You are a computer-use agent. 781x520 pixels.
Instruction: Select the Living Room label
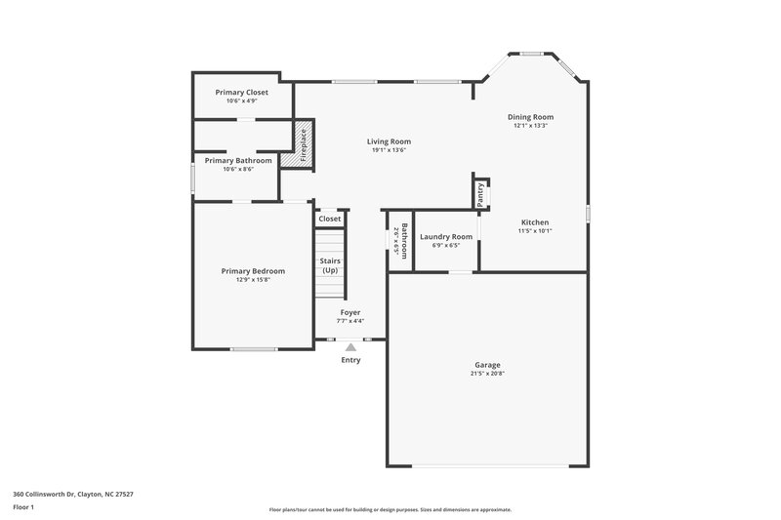pyautogui.click(x=389, y=141)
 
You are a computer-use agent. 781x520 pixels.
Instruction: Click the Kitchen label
pyautogui.click(x=534, y=222)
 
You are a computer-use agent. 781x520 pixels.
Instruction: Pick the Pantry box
pyautogui.click(x=480, y=194)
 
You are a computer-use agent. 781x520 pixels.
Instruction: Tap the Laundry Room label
pyautogui.click(x=446, y=236)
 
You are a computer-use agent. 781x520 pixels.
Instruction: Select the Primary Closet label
pyautogui.click(x=241, y=92)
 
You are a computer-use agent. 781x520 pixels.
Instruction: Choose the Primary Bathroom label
pyautogui.click(x=238, y=160)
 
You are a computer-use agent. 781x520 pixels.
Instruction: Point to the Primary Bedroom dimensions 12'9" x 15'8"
pyautogui.click(x=253, y=280)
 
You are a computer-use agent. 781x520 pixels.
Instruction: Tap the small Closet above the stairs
pyautogui.click(x=330, y=219)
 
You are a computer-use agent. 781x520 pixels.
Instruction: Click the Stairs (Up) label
pyautogui.click(x=330, y=264)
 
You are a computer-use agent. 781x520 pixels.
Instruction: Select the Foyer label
pyautogui.click(x=350, y=312)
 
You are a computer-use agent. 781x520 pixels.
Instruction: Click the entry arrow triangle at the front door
pyautogui.click(x=350, y=344)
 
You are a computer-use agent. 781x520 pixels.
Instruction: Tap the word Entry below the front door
pyautogui.click(x=350, y=360)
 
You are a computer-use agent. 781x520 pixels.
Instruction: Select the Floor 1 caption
pyautogui.click(x=23, y=507)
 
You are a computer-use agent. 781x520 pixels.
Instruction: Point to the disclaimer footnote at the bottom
pyautogui.click(x=390, y=509)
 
